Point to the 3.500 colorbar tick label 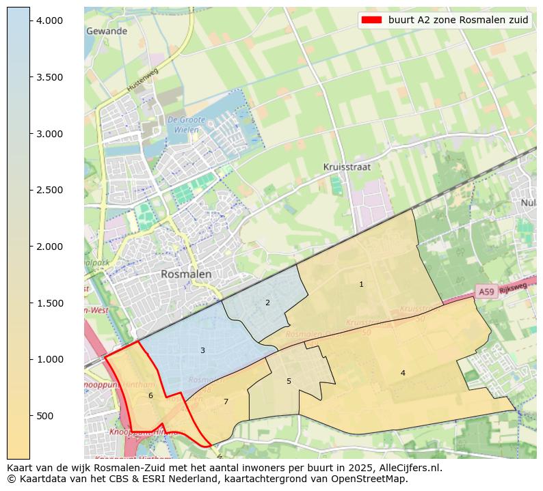[x=51, y=77]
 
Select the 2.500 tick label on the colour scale [x=51, y=190]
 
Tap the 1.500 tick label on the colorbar [x=51, y=303]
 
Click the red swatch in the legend [x=371, y=20]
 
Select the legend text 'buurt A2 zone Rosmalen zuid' [x=458, y=20]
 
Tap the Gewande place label [x=107, y=31]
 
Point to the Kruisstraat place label [x=347, y=167]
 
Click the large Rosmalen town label [x=186, y=274]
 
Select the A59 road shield [x=486, y=292]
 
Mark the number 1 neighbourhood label [x=361, y=284]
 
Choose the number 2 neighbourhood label [x=267, y=303]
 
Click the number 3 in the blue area [x=202, y=350]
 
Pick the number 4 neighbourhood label [x=403, y=373]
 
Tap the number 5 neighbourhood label [x=289, y=381]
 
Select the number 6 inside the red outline [x=150, y=395]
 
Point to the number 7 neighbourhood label [x=226, y=402]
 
